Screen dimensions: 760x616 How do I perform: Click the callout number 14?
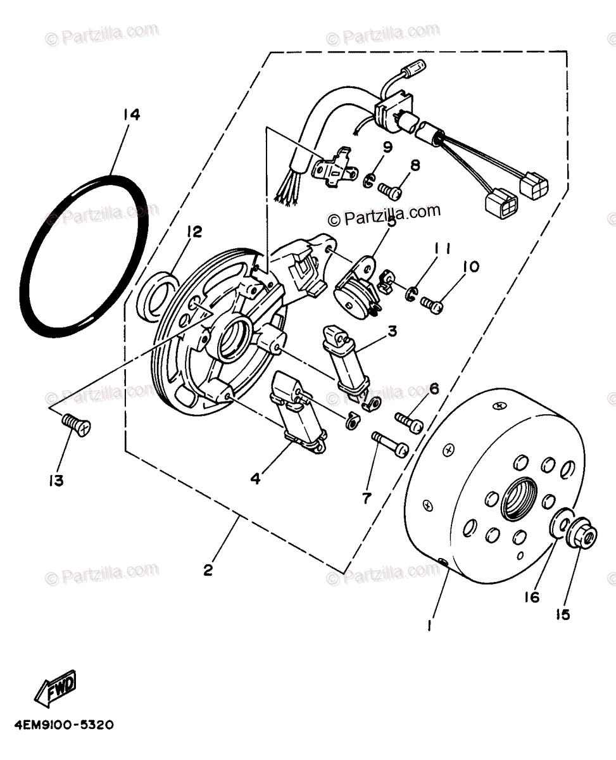click(132, 115)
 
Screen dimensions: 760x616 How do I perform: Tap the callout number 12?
click(193, 232)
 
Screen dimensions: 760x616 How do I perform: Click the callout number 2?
click(208, 570)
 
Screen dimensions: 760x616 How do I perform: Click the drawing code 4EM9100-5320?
click(61, 723)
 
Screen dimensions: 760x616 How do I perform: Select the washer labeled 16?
click(558, 524)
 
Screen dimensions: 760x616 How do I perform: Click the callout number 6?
click(434, 389)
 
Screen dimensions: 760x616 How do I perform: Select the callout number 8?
click(415, 166)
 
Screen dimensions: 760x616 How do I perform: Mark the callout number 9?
click(387, 148)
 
